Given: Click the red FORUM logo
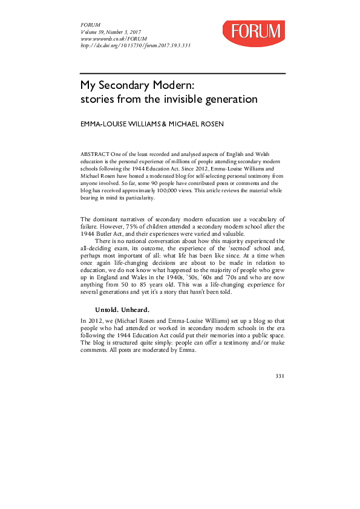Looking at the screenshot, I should pyautogui.click(x=253, y=33).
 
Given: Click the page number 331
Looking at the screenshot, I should pyautogui.click(x=280, y=376).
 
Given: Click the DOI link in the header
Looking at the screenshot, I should pyautogui.click(x=136, y=45).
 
